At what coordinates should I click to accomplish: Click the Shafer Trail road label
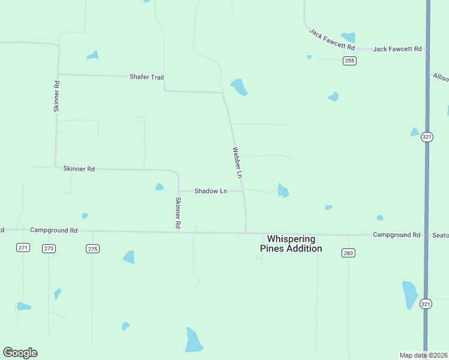tap(146, 77)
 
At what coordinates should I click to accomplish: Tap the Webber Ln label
tap(238, 163)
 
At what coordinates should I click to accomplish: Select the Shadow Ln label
tap(210, 191)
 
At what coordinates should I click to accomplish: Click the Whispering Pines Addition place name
tap(291, 244)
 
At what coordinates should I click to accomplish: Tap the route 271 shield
tap(23, 247)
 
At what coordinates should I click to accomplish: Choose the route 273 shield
tap(49, 248)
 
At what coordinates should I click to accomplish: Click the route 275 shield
tap(92, 248)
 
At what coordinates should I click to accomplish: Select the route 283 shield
tap(349, 253)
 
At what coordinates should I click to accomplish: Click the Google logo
tap(20, 353)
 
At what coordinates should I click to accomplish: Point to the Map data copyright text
tap(423, 355)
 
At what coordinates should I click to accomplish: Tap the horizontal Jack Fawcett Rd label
tap(397, 49)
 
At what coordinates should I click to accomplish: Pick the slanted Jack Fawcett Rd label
tap(332, 40)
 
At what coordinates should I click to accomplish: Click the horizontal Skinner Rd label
tap(79, 169)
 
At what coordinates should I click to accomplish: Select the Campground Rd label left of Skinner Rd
tap(54, 230)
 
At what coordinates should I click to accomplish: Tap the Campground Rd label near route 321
tap(396, 235)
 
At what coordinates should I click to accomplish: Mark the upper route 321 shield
tap(426, 136)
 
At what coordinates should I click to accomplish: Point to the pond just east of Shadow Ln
tap(283, 191)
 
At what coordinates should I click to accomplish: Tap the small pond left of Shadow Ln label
tap(160, 187)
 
